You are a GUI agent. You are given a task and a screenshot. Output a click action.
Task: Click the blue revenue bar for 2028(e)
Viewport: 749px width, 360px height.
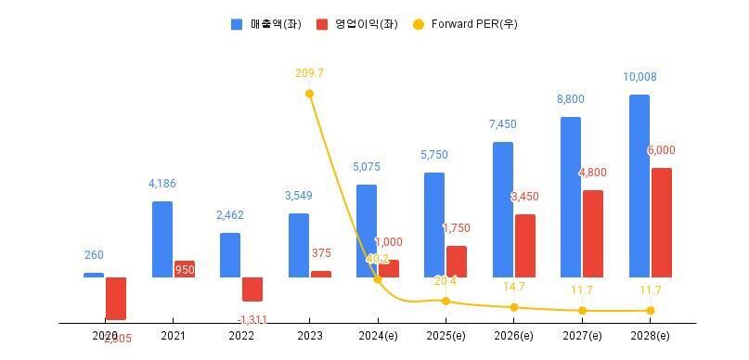coord(639,186)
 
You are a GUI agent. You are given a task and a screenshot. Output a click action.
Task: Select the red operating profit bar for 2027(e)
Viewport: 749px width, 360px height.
coord(592,233)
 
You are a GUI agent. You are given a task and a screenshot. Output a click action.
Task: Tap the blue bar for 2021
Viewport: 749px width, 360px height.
coord(161,238)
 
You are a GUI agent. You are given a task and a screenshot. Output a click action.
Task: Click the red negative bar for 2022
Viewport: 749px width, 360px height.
coord(252,289)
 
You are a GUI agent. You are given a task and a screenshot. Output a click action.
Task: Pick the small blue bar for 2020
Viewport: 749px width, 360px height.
coord(94,275)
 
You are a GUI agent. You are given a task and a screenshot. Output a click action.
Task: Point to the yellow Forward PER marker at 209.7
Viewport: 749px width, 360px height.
coord(309,94)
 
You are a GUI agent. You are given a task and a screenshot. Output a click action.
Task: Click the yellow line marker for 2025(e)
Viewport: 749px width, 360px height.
coord(446,301)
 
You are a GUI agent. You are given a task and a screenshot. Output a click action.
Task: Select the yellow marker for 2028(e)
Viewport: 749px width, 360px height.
coord(651,310)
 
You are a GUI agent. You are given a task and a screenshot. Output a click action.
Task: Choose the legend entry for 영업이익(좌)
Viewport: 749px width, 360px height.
coord(356,24)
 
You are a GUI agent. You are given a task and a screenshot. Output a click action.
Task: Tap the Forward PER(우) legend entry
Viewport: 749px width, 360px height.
coord(464,24)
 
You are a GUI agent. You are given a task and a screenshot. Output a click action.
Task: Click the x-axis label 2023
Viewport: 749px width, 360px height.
coord(309,336)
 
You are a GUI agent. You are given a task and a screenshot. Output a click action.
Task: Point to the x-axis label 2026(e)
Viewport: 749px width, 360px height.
coord(513,336)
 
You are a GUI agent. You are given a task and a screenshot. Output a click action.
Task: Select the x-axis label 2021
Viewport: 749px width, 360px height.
coord(173,336)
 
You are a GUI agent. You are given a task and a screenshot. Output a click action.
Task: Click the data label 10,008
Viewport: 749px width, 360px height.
coord(639,77)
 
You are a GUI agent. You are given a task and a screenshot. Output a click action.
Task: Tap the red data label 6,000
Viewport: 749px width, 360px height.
coord(660,150)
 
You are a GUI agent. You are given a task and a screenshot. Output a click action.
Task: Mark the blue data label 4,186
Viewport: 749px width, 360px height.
coord(161,184)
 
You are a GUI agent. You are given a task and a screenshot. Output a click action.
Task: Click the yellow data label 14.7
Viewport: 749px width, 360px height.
coord(513,287)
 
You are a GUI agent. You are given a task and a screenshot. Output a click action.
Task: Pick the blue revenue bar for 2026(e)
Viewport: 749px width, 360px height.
coord(502,209)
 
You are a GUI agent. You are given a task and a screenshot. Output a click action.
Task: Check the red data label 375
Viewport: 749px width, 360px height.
coord(321,253)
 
